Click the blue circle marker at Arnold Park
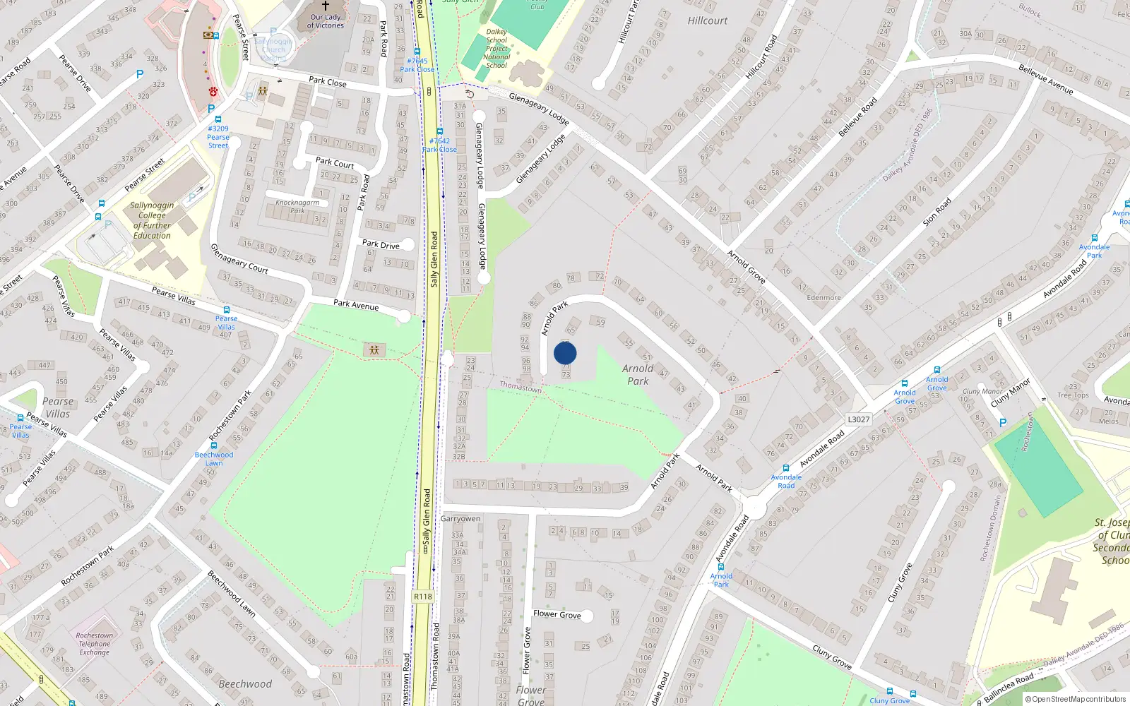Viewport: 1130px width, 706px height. pos(565,353)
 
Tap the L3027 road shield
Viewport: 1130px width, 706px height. pos(858,419)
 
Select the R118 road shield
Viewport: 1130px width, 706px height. pos(423,597)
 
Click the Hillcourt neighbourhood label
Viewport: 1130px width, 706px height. pos(707,21)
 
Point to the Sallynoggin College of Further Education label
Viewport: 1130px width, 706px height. pos(152,220)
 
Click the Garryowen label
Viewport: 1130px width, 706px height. pos(460,518)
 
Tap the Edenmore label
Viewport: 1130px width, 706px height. pos(823,298)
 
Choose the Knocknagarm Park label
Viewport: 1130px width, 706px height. pos(297,206)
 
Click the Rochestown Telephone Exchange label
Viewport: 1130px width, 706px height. pos(95,644)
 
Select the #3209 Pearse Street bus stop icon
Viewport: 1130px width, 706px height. pos(218,119)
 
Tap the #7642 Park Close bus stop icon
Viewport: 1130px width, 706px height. pos(439,131)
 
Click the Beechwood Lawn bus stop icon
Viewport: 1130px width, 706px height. pos(214,445)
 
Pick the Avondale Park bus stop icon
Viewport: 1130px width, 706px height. pos(1094,238)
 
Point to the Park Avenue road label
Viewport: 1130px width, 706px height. pos(356,304)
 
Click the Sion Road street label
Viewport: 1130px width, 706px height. pos(936,212)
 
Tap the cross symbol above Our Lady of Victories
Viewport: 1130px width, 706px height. pos(326,6)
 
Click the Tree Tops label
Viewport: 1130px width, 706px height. pos(1073,391)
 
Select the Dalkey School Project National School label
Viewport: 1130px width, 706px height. pos(496,49)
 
